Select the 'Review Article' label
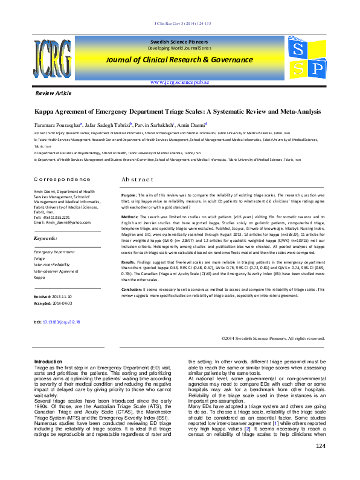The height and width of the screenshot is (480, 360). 54,94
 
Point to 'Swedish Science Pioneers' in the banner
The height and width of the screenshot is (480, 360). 179,39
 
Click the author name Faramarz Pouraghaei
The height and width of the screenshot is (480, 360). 63,123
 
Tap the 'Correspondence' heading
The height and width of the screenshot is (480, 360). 62,180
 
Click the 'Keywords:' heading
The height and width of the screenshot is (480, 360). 49,239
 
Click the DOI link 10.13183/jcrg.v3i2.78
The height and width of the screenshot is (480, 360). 61,322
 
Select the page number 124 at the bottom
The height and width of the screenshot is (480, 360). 321,463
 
